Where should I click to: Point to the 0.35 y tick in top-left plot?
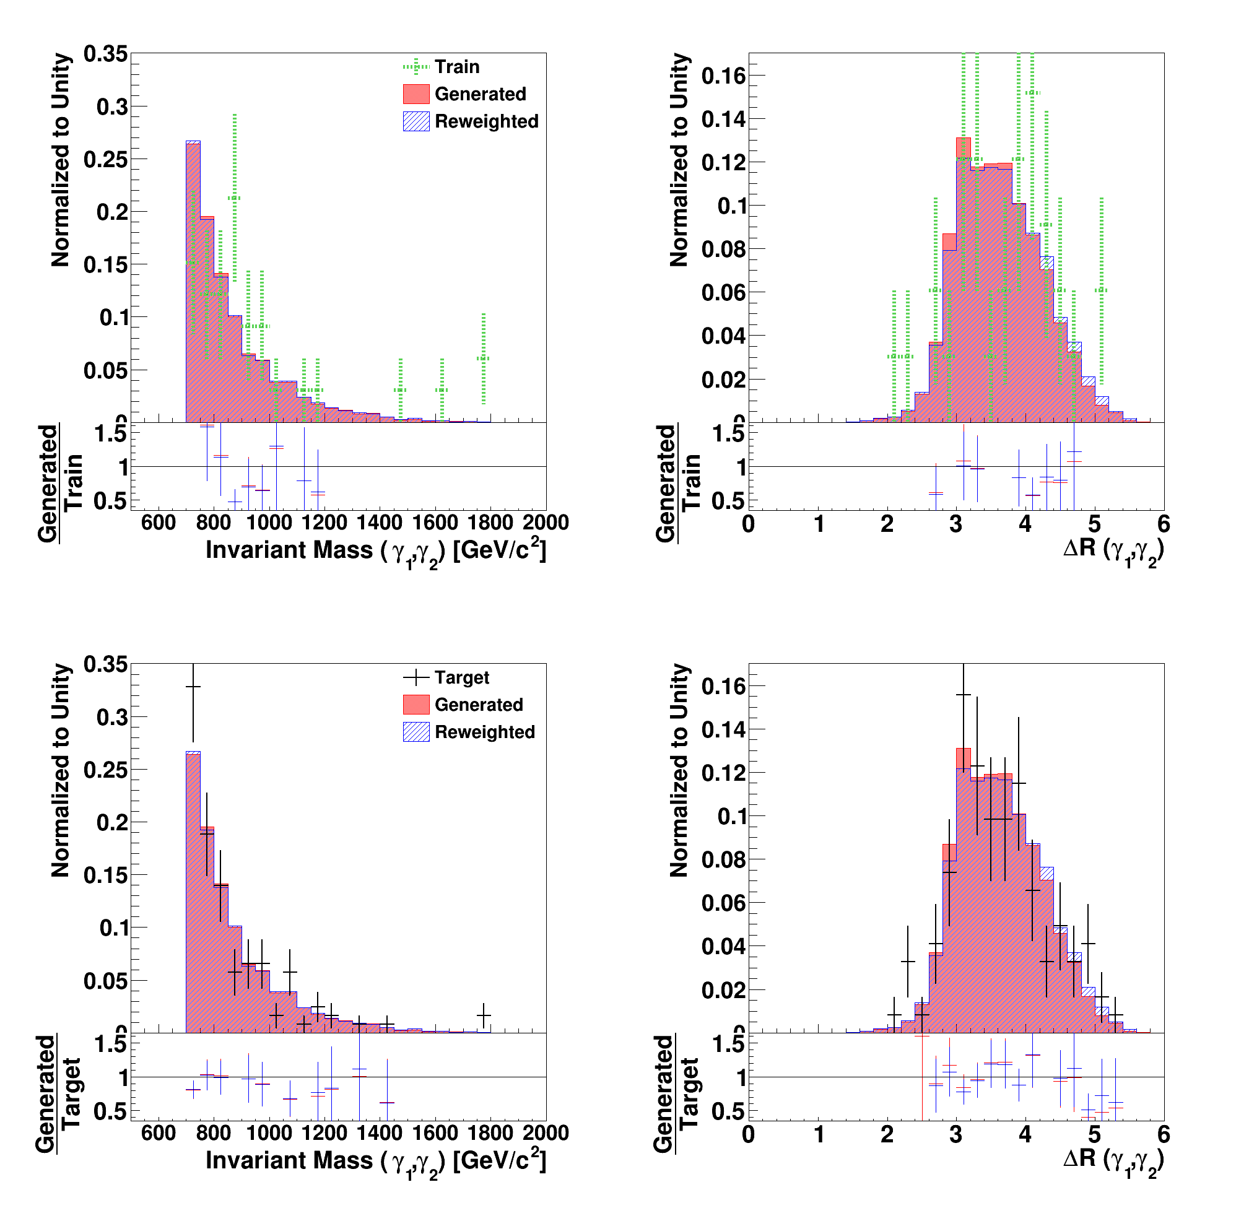tap(105, 54)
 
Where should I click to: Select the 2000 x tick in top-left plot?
tap(545, 523)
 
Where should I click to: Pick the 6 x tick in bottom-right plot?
tap(1163, 1134)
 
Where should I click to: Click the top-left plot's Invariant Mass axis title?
tap(375, 550)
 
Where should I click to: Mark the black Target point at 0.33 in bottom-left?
tap(193, 687)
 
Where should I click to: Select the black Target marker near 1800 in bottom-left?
tap(484, 1015)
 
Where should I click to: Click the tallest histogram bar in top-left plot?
tap(193, 282)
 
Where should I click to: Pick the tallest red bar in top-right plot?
tap(964, 282)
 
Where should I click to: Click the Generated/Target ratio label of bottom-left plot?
tap(58, 1093)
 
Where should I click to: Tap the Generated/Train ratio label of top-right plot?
tap(677, 483)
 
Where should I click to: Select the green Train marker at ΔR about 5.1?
tap(1101, 290)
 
